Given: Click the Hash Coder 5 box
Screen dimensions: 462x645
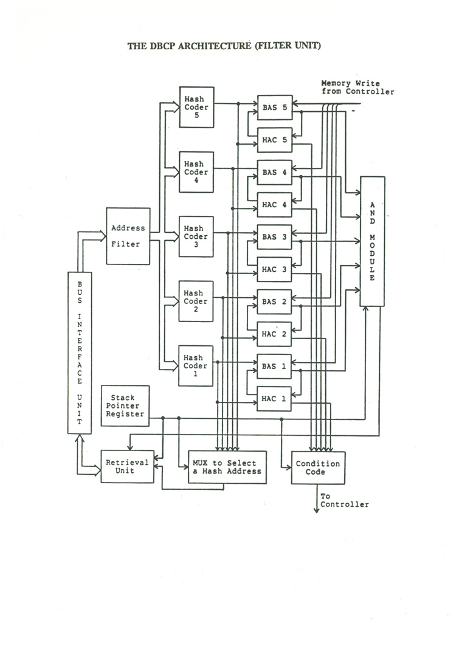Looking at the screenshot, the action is tap(196, 107).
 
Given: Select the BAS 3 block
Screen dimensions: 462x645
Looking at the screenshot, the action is tap(274, 237).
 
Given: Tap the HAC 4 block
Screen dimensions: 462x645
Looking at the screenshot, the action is tap(274, 204).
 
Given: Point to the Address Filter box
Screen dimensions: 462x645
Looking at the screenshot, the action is tap(128, 236).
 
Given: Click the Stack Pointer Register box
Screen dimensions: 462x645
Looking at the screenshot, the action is tap(125, 405).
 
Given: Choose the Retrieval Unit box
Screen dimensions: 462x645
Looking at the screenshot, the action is tap(128, 466).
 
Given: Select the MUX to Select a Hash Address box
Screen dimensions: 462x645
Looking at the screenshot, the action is tap(227, 467).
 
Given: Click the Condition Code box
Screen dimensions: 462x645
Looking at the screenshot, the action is tap(318, 467).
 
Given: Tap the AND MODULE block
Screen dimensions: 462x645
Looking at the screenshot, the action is tap(372, 241).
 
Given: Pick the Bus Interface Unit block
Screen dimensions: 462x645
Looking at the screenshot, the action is tap(80, 353).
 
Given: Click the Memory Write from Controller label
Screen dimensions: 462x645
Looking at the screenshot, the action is tap(357, 87).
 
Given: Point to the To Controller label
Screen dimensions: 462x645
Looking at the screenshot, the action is tap(344, 500).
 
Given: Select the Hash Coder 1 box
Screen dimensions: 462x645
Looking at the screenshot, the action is tap(195, 366).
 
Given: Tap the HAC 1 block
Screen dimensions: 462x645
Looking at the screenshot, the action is tap(274, 399).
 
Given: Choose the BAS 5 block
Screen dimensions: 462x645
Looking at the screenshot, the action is tap(275, 108).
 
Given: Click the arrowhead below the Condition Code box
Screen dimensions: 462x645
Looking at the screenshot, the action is tap(316, 511).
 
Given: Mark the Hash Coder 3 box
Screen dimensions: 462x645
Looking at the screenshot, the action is tap(196, 236).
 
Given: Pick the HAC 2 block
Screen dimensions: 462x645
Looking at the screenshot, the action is tap(274, 334).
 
